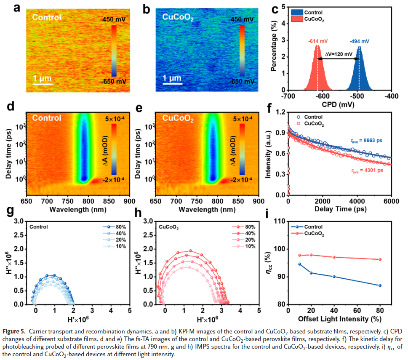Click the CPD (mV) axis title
click(340, 104)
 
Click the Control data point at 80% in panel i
click(380, 285)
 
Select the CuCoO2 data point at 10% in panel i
click(299, 255)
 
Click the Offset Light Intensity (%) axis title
click(340, 318)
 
